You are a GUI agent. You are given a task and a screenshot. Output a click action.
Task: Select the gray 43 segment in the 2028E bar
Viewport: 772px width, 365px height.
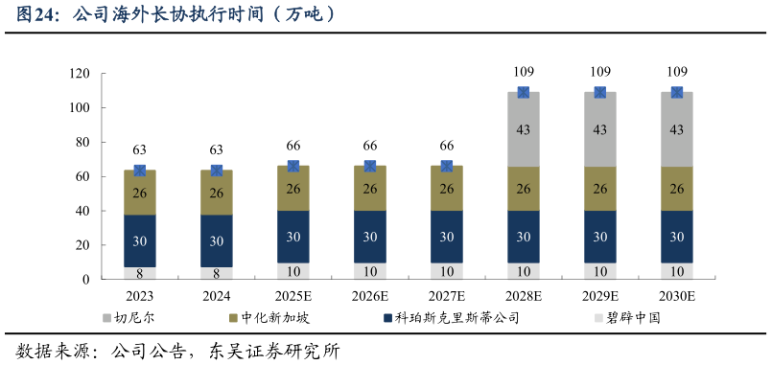[x=523, y=129]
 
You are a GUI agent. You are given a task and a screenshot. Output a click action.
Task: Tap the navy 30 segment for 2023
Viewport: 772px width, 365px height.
[x=139, y=240]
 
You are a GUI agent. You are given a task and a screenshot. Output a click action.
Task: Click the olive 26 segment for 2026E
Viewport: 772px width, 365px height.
[x=369, y=189]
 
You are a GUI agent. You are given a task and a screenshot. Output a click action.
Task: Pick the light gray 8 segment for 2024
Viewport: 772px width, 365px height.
[x=216, y=273]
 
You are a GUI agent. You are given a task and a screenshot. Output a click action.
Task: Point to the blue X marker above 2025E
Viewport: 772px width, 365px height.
[x=293, y=166]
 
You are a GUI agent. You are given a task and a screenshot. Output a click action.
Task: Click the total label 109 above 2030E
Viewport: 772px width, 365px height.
[x=677, y=72]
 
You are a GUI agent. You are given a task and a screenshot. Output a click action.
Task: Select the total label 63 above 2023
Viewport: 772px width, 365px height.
[x=139, y=149]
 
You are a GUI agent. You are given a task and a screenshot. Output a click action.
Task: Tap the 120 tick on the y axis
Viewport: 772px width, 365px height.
[x=80, y=75]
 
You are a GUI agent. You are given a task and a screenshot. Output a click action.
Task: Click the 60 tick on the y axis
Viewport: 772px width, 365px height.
[x=82, y=177]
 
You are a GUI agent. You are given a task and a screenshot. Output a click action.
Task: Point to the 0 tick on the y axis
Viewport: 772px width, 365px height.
[x=86, y=280]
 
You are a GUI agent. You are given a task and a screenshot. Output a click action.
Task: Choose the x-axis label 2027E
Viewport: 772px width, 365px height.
[x=447, y=297]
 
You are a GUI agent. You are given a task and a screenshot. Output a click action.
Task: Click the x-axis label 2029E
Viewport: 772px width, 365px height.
[x=600, y=297]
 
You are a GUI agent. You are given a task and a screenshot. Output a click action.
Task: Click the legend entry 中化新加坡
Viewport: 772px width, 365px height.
[x=274, y=317]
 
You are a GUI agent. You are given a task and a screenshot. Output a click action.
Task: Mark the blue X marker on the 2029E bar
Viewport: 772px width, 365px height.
[x=600, y=93]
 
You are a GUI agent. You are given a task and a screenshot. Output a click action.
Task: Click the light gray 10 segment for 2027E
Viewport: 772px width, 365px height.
[x=447, y=271]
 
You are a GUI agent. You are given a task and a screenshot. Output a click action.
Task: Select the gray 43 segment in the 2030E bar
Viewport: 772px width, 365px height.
[x=677, y=129]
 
